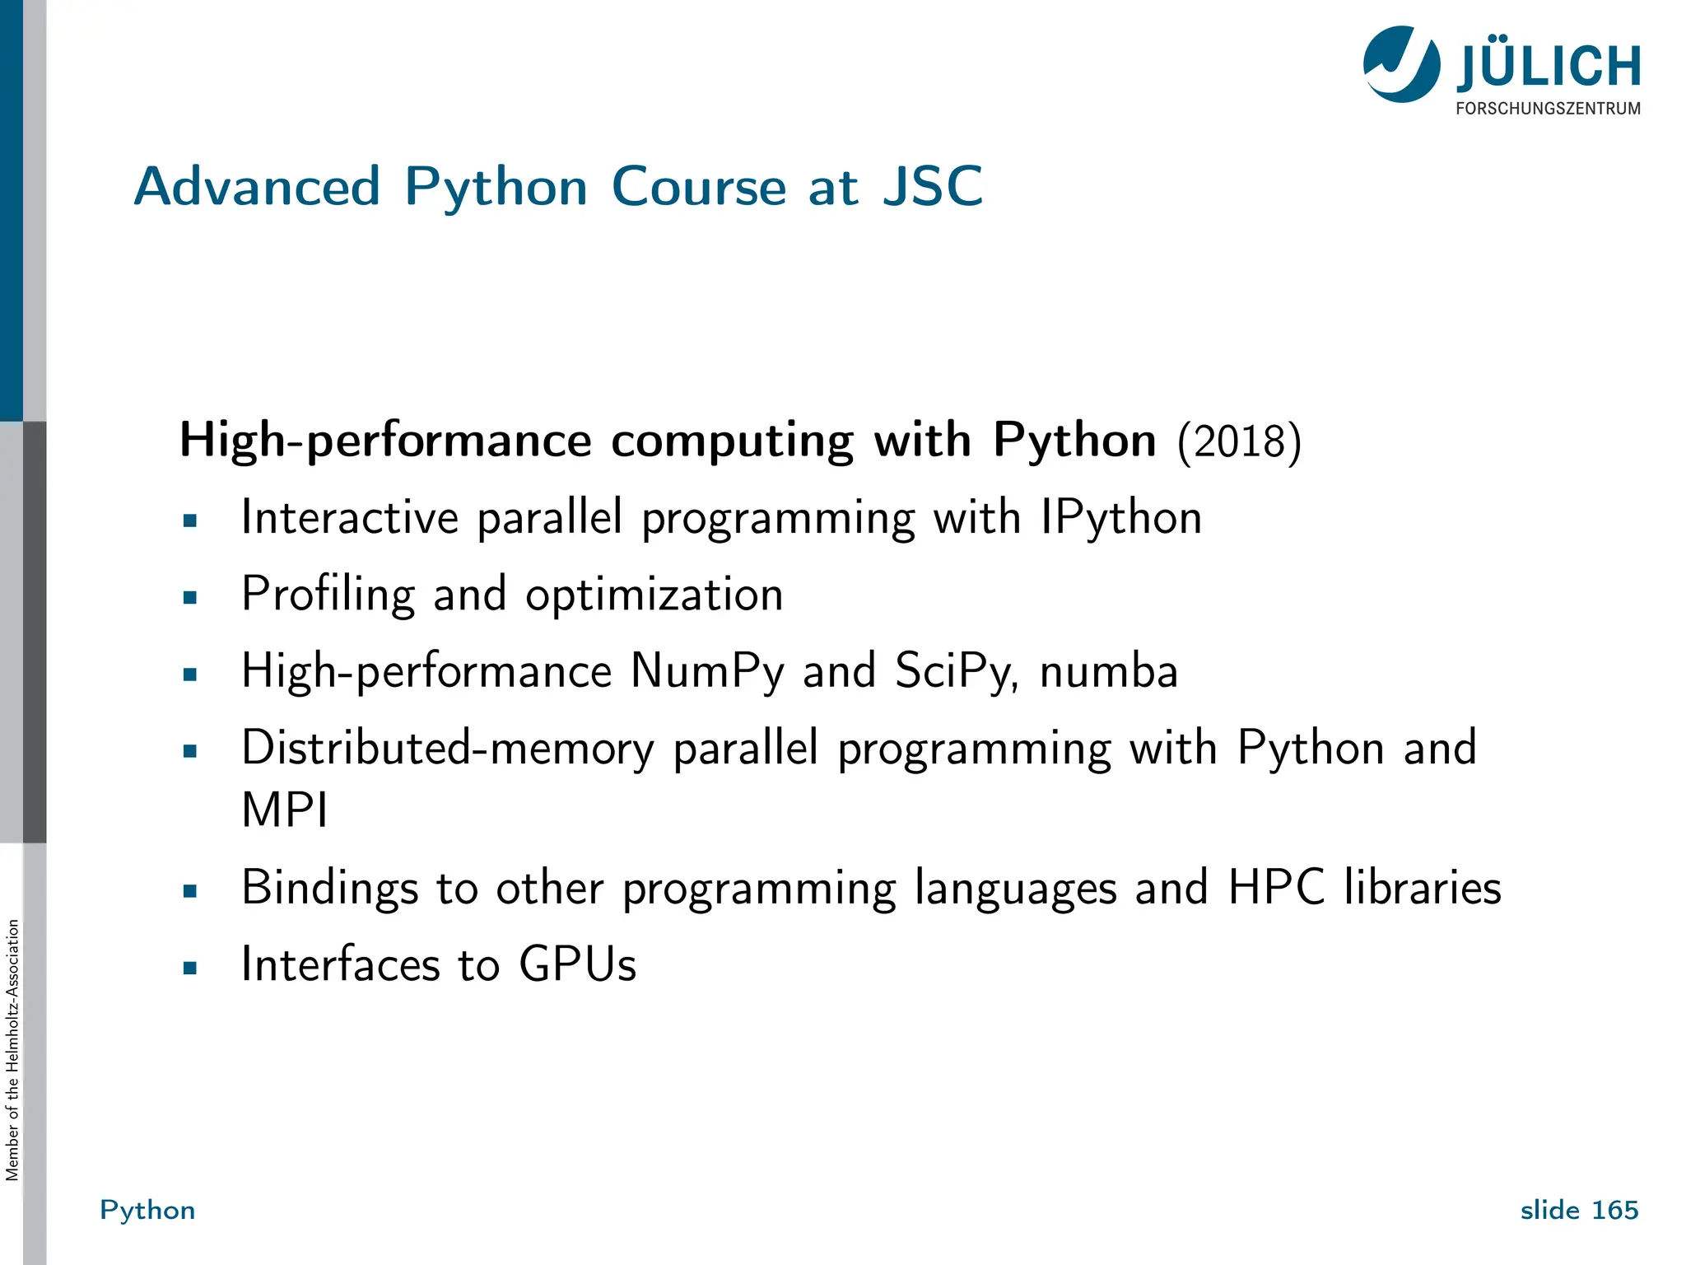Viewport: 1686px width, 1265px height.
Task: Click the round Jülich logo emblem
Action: (x=1401, y=64)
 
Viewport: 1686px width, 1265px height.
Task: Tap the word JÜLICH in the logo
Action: (x=1549, y=67)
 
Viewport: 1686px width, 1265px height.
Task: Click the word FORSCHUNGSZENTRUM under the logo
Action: (x=1548, y=109)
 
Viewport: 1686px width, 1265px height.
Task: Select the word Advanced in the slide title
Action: (x=257, y=187)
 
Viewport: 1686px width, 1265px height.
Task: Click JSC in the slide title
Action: (x=933, y=187)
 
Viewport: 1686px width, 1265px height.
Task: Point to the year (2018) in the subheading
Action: (x=1239, y=442)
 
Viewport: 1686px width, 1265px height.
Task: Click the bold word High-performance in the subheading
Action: (x=385, y=441)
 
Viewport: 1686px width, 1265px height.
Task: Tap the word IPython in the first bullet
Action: (x=1120, y=519)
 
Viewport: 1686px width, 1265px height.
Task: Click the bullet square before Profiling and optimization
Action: (x=190, y=598)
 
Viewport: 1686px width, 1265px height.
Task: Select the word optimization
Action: (x=654, y=595)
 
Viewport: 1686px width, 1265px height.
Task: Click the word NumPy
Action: (x=707, y=671)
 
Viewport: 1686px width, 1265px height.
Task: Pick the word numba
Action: (x=1109, y=671)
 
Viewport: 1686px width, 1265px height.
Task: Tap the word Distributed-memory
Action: (x=447, y=748)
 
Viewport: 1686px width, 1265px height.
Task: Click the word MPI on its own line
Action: (x=285, y=810)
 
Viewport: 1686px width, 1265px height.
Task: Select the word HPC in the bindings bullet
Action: (x=1276, y=888)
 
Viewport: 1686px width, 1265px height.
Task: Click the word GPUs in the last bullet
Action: (x=577, y=964)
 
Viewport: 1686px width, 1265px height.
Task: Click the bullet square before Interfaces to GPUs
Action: (x=190, y=969)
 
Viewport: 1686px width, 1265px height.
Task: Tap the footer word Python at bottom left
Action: (x=147, y=1210)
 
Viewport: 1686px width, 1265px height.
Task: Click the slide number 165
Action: (x=1615, y=1210)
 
